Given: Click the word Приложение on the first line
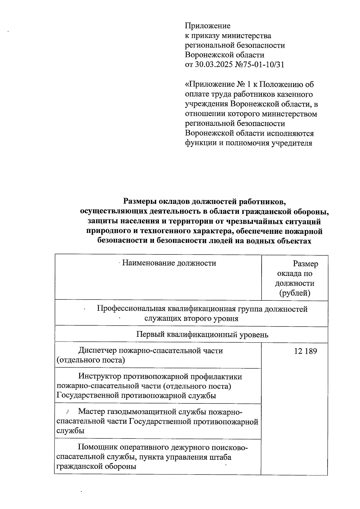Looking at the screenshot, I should [x=208, y=26].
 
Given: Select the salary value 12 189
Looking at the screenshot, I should [x=305, y=351].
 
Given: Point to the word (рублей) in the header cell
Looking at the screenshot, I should [x=295, y=293].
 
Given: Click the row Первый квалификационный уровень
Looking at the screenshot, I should [x=202, y=334].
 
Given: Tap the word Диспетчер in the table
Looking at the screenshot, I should [x=98, y=351].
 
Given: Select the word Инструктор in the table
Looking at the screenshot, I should [x=99, y=376].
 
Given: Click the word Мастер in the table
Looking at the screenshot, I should [x=91, y=412].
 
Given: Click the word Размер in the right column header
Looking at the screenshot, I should [x=305, y=264].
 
